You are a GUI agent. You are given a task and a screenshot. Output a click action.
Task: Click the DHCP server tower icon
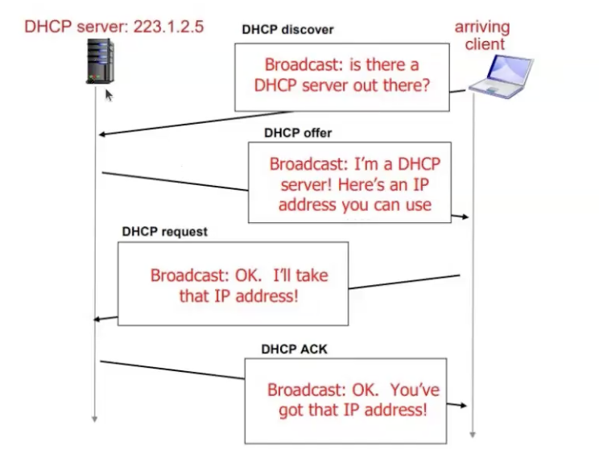pyautogui.click(x=100, y=60)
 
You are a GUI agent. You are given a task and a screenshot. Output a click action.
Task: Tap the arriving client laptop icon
pyautogui.click(x=502, y=76)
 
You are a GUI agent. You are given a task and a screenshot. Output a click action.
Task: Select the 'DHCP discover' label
pyautogui.click(x=287, y=30)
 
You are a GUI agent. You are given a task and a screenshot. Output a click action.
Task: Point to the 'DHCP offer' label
pyautogui.click(x=297, y=133)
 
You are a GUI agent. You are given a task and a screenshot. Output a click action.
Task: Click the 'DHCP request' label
pyautogui.click(x=164, y=232)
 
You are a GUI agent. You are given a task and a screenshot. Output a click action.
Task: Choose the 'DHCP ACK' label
pyautogui.click(x=294, y=349)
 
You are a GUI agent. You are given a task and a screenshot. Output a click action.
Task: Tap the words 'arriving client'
pyautogui.click(x=481, y=35)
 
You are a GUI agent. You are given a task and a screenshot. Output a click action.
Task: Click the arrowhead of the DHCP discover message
pyautogui.click(x=103, y=134)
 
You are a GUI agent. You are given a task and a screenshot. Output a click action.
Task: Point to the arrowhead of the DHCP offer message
pyautogui.click(x=465, y=217)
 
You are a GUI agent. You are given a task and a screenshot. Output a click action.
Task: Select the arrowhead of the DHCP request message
pyautogui.click(x=98, y=320)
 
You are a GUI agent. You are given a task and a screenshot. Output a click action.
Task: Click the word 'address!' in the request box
pyautogui.click(x=266, y=295)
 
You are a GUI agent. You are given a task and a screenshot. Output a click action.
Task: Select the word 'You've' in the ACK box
pyautogui.click(x=415, y=390)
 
